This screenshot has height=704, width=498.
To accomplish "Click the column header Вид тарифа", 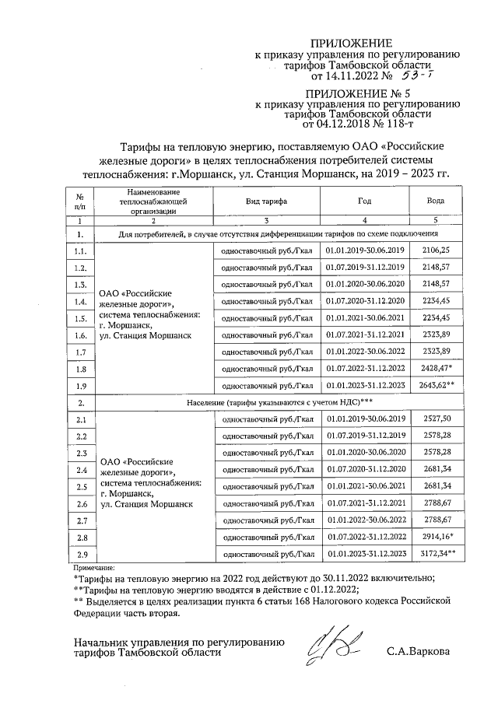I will coord(267,201).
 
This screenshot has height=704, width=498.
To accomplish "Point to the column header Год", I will coord(364,201).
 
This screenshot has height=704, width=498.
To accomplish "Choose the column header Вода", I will coord(436,201).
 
